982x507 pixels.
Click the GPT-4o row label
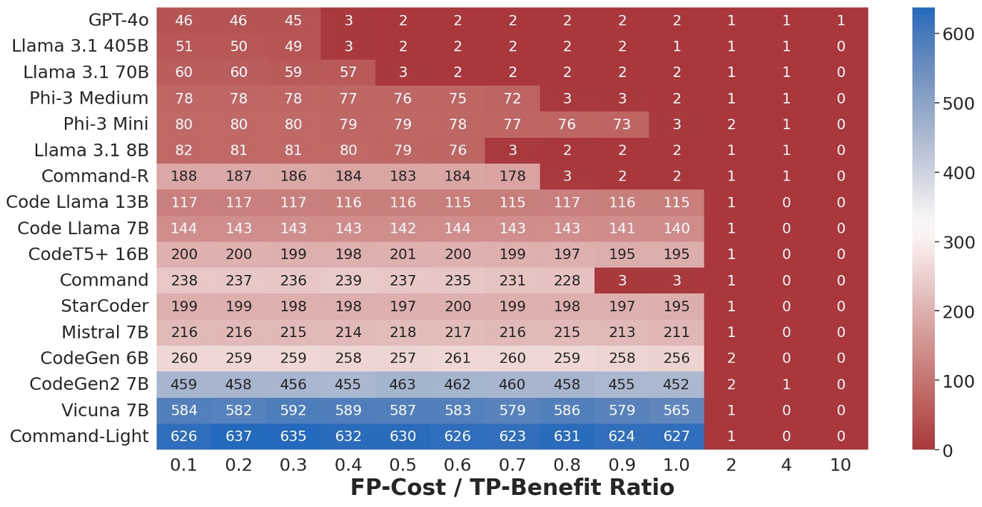(x=119, y=21)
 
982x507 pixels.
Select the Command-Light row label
(x=80, y=436)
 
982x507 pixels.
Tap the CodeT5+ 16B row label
(x=88, y=254)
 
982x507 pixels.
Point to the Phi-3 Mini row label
(x=106, y=124)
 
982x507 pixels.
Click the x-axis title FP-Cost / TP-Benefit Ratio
(x=512, y=488)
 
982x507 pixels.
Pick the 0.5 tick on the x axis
(x=403, y=465)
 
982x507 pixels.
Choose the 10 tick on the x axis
(x=840, y=465)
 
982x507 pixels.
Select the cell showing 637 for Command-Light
(x=238, y=436)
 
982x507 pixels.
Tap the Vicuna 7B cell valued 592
(x=293, y=411)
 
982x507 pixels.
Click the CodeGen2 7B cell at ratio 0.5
(x=403, y=384)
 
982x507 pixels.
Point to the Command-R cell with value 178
(x=512, y=176)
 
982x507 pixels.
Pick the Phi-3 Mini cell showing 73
(x=622, y=124)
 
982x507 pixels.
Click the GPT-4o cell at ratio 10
(x=840, y=21)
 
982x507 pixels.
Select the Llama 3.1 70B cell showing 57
(x=348, y=72)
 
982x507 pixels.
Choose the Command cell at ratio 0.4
(x=348, y=281)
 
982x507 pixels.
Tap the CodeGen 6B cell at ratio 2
(x=731, y=358)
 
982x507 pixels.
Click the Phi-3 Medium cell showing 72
(x=512, y=99)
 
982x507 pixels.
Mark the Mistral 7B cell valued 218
(x=403, y=332)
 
